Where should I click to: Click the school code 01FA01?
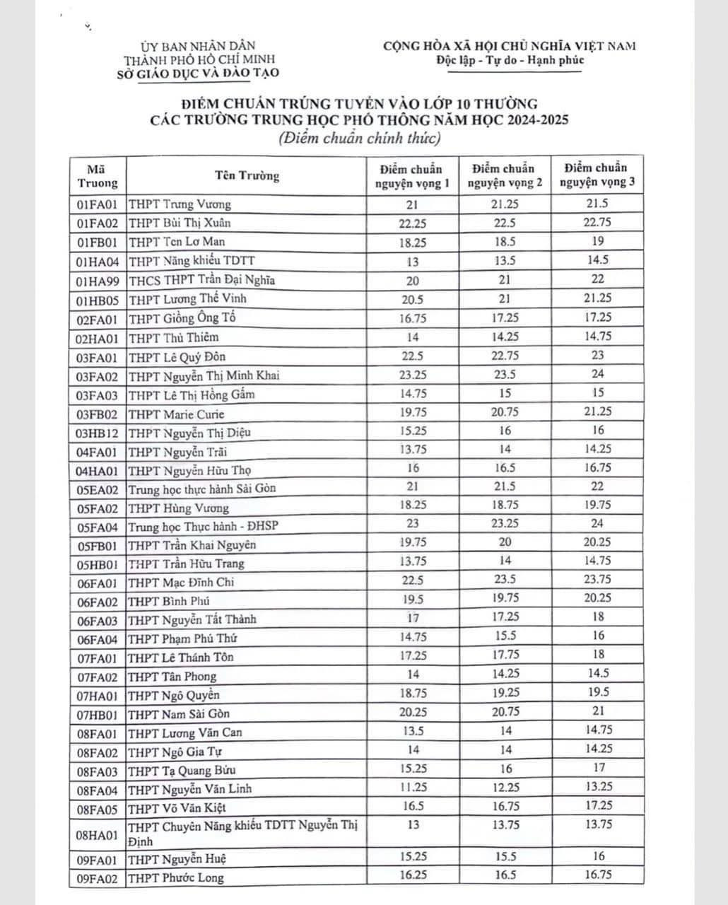(x=97, y=205)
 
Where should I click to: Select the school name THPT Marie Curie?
(x=177, y=414)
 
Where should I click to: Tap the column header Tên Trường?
(x=247, y=176)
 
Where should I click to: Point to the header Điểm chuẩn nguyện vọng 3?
(x=597, y=175)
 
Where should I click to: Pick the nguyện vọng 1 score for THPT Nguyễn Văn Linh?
(x=413, y=787)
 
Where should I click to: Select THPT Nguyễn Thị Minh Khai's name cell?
(x=204, y=375)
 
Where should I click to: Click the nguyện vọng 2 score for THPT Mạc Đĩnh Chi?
(x=505, y=580)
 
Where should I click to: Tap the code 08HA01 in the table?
(x=97, y=834)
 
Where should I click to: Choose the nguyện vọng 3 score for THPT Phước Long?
(x=598, y=875)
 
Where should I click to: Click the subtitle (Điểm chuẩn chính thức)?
(x=359, y=137)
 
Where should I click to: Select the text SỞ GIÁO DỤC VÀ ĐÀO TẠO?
(x=198, y=72)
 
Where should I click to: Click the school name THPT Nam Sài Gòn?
(x=180, y=713)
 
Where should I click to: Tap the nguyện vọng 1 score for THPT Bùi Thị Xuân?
(x=413, y=223)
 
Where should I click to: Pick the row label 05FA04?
(x=97, y=526)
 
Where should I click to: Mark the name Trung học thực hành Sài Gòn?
(x=202, y=489)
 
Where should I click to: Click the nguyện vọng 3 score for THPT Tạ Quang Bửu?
(x=599, y=767)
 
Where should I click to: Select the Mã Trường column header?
(x=97, y=176)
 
